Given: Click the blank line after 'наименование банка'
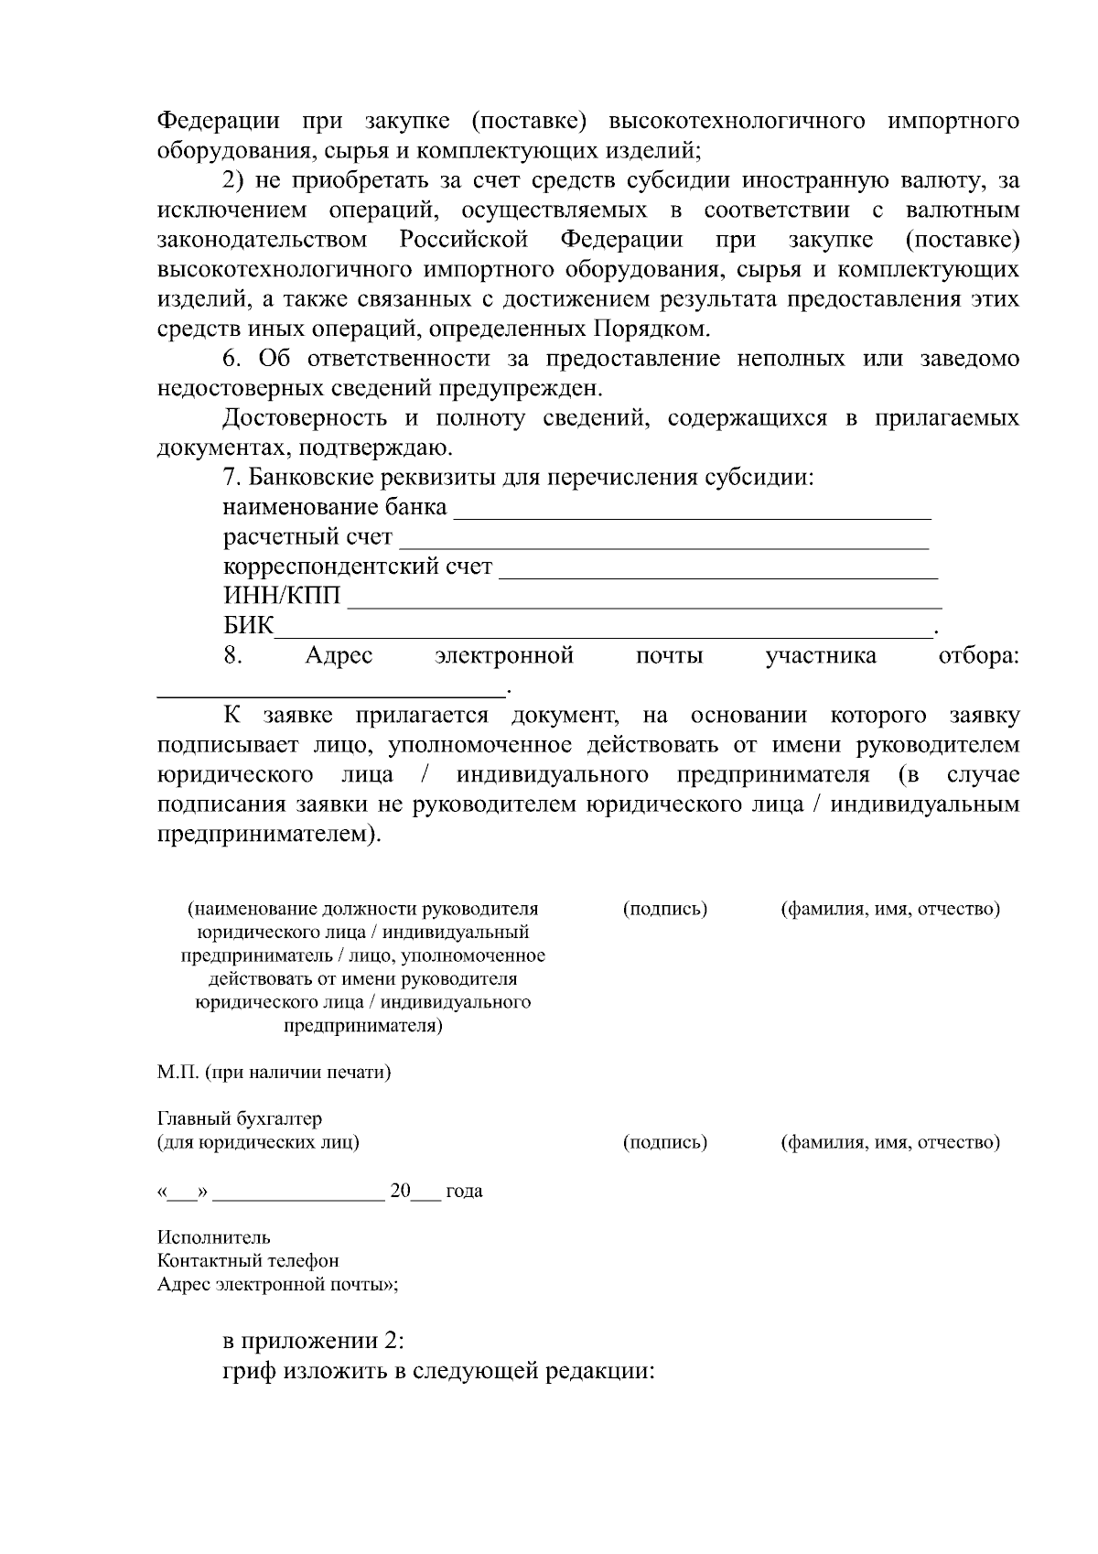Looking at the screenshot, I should pos(692,517).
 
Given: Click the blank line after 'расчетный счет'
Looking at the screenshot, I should pos(663,547).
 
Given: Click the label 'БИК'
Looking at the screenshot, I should pos(248,626).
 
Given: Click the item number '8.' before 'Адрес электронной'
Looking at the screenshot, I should pos(232,656).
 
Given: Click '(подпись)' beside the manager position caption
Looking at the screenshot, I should pos(665,909).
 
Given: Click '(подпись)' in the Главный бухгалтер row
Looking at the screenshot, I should pos(665,1142).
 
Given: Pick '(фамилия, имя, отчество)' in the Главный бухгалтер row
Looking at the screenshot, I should pos(889,1142).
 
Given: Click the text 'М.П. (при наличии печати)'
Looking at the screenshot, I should pos(274,1072).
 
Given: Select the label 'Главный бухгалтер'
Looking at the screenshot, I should pos(240,1118).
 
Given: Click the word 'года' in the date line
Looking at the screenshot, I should pos(464,1192).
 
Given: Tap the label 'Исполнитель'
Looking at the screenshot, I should pos(214,1238).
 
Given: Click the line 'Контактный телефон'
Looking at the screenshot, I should pos(248,1261).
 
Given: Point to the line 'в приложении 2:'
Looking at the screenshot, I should pos(314,1341).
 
